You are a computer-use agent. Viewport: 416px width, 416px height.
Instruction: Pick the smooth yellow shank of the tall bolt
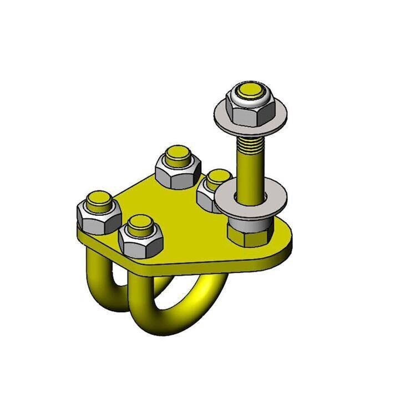click(x=249, y=177)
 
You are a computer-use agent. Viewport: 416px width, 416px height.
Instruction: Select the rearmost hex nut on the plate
click(x=177, y=169)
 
